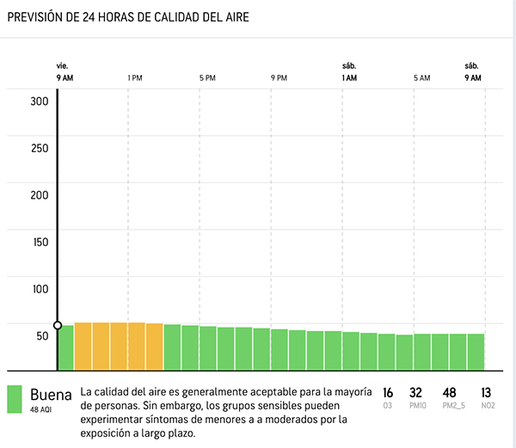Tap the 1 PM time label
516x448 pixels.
135,78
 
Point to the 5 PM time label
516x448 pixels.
207,78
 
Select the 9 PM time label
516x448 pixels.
279,78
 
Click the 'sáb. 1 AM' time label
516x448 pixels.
349,72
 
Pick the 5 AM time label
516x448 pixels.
421,78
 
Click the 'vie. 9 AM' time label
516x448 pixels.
64,72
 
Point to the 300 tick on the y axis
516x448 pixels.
40,101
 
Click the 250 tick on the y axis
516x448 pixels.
40,147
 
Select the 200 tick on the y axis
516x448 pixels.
40,194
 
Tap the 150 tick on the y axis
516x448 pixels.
40,241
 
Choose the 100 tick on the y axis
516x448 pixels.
40,288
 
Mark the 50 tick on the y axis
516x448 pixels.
42,334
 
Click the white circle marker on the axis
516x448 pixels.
58,325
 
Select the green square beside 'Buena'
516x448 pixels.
15,398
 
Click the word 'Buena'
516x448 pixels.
51,395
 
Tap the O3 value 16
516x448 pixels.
388,392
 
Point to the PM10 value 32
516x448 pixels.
415,392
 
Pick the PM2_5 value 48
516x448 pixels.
449,392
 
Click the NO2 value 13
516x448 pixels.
486,392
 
